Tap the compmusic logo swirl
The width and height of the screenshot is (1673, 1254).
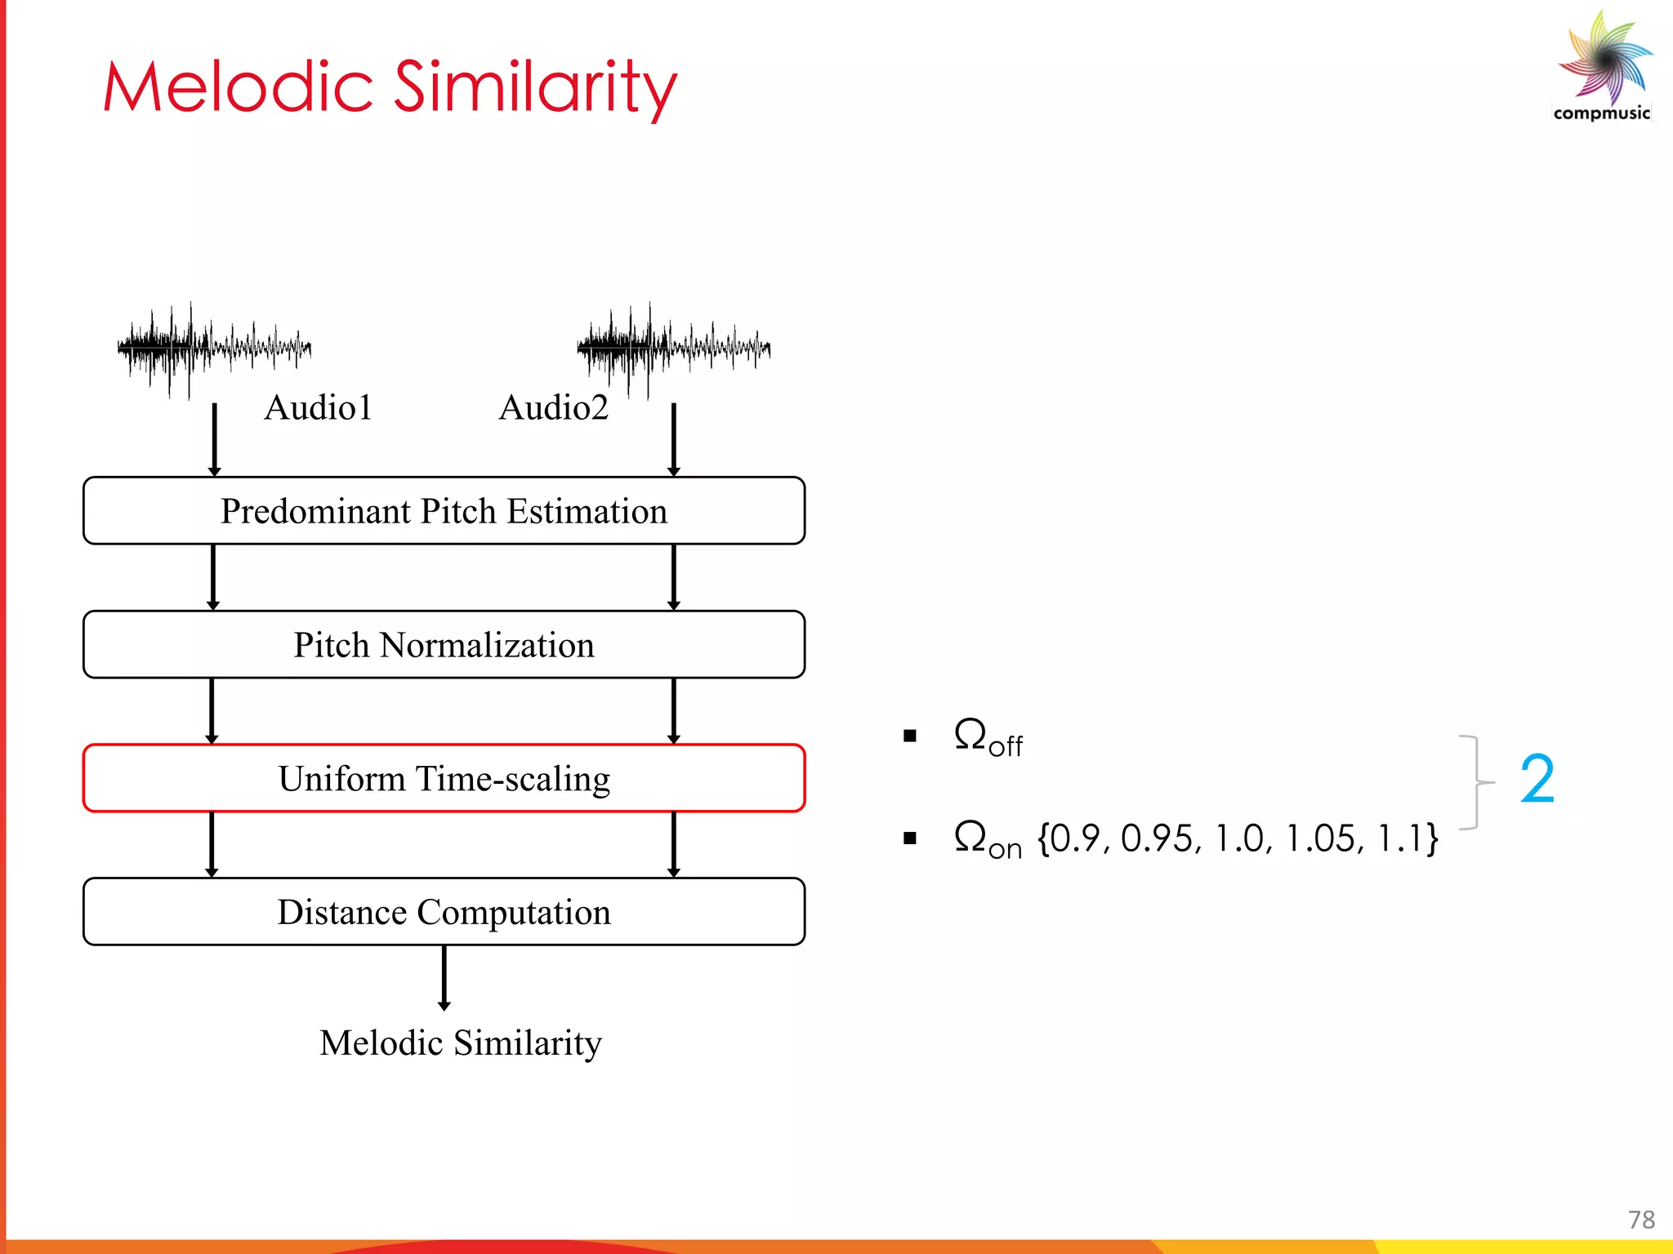point(1605,59)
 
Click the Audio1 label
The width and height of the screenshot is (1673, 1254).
point(318,407)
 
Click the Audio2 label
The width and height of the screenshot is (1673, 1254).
point(554,407)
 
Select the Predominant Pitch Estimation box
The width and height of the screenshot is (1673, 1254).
point(444,511)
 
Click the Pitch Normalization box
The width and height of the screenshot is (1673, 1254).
point(444,645)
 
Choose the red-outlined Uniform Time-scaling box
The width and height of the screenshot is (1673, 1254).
point(444,779)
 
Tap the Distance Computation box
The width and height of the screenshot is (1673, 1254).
point(444,912)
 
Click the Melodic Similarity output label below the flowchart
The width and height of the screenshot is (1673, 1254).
point(460,1043)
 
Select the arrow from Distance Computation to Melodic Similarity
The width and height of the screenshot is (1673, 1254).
point(444,978)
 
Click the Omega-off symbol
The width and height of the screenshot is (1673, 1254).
point(987,737)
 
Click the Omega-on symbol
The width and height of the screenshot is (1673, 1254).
point(987,839)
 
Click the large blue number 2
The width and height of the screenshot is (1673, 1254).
point(1537,780)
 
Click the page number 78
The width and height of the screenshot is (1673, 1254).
point(1641,1220)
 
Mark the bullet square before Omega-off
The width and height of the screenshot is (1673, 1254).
point(910,736)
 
